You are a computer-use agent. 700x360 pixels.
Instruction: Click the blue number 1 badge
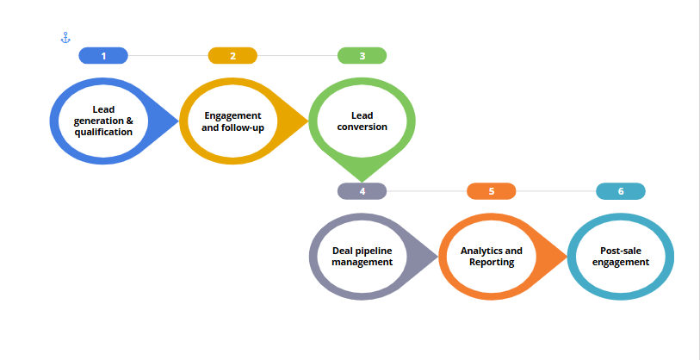[103, 56]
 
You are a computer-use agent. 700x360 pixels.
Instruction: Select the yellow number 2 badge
[232, 56]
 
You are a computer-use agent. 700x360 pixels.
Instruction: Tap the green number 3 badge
[362, 56]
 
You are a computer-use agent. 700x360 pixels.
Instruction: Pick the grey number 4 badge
[362, 191]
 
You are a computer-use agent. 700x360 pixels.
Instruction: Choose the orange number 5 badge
[492, 191]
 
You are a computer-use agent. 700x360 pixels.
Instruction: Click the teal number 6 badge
[621, 191]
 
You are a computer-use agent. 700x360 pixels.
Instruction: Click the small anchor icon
[65, 38]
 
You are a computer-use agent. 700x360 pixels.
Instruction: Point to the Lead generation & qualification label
[103, 121]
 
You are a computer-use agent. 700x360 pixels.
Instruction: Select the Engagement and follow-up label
[232, 121]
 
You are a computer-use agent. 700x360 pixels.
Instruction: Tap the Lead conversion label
[362, 121]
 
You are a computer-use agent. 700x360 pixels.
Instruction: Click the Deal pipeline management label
[362, 256]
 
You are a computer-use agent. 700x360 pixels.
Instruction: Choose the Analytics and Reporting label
[492, 256]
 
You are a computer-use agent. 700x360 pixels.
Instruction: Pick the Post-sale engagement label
[621, 256]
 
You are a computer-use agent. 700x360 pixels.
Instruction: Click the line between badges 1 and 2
[168, 56]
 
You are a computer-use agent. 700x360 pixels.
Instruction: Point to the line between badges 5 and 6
[556, 191]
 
